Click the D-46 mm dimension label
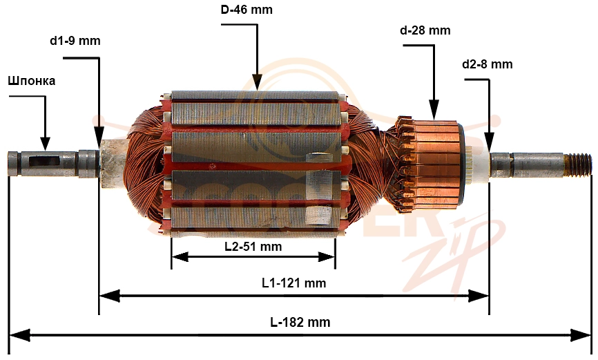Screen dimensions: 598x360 click(x=247, y=10)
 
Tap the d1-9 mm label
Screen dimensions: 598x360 click(x=75, y=41)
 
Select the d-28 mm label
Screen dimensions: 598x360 click(x=425, y=30)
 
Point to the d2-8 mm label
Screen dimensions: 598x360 click(x=487, y=64)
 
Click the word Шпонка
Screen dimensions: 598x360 click(x=32, y=81)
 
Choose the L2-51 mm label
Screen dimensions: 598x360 click(x=253, y=247)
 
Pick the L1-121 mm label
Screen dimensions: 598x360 click(x=293, y=283)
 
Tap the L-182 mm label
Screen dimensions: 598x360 click(x=300, y=322)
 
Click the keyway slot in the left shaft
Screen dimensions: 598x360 click(x=43, y=160)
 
